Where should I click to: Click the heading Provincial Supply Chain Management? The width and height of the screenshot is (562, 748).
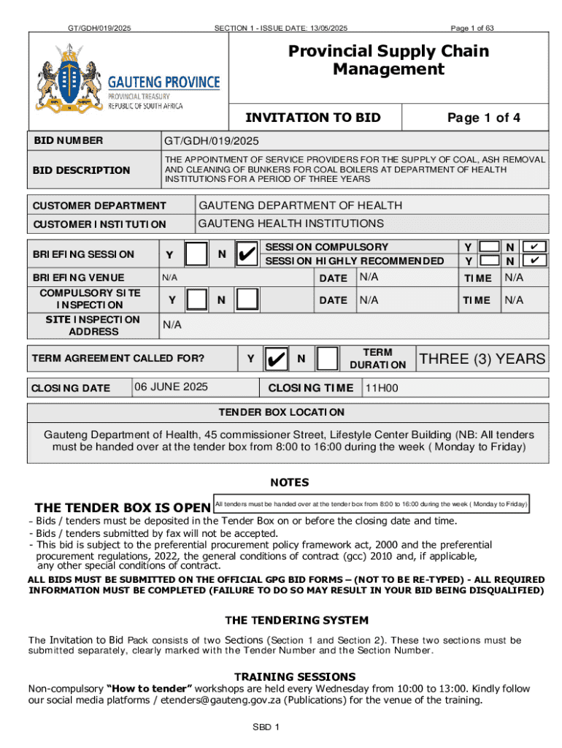pyautogui.click(x=388, y=60)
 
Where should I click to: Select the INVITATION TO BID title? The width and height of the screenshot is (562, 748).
pyautogui.click(x=313, y=118)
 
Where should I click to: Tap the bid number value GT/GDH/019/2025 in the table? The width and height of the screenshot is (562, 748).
pyautogui.click(x=212, y=140)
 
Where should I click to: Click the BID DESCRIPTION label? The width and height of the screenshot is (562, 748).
pyautogui.click(x=80, y=170)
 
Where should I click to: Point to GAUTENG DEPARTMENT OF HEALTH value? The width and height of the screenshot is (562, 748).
pyautogui.click(x=300, y=206)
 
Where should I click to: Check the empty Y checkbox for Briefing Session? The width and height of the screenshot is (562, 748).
pyautogui.click(x=196, y=254)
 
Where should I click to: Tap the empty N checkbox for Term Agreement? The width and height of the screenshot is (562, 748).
pyautogui.click(x=328, y=359)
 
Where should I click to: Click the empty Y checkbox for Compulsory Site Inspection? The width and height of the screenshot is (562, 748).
pyautogui.click(x=196, y=299)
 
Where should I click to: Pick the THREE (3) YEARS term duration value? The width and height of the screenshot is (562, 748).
pyautogui.click(x=482, y=359)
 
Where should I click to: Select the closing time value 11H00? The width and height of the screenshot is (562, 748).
pyautogui.click(x=382, y=388)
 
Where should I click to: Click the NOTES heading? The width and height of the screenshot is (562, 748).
pyautogui.click(x=290, y=482)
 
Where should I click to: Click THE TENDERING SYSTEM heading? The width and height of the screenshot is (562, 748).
pyautogui.click(x=297, y=620)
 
